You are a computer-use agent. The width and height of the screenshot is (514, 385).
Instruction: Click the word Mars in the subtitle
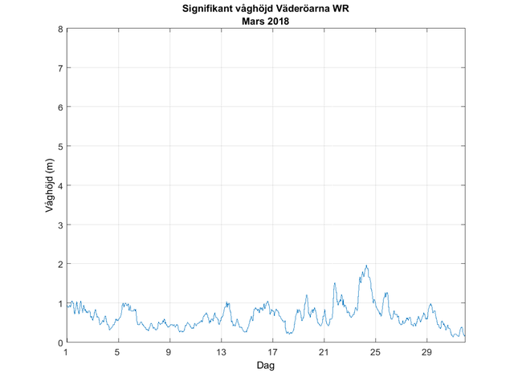[251, 21]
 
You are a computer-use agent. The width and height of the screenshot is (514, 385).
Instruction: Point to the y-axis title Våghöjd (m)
[49, 186]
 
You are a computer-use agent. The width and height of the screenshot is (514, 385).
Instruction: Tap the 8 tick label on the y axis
[59, 29]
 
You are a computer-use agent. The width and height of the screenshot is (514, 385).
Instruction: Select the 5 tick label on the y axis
[59, 146]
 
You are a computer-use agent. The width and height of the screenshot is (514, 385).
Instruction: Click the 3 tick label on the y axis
[59, 225]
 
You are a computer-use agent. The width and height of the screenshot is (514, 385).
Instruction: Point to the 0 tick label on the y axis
[59, 342]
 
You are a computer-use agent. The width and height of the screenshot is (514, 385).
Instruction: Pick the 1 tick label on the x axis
[67, 352]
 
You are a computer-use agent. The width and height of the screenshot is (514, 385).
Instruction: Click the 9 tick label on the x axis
[169, 352]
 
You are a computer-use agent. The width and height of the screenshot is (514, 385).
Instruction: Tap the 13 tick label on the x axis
[221, 352]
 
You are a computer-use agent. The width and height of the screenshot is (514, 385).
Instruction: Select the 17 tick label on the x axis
[272, 352]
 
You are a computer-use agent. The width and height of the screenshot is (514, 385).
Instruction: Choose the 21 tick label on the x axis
[324, 352]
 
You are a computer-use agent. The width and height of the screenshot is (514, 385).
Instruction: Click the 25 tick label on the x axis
[375, 352]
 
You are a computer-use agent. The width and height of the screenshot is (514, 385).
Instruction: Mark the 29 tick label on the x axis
[426, 352]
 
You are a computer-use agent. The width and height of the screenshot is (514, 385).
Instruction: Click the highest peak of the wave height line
[366, 265]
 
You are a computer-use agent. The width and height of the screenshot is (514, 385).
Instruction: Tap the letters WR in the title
[341, 10]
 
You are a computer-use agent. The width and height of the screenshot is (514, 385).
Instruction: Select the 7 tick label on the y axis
[59, 68]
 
